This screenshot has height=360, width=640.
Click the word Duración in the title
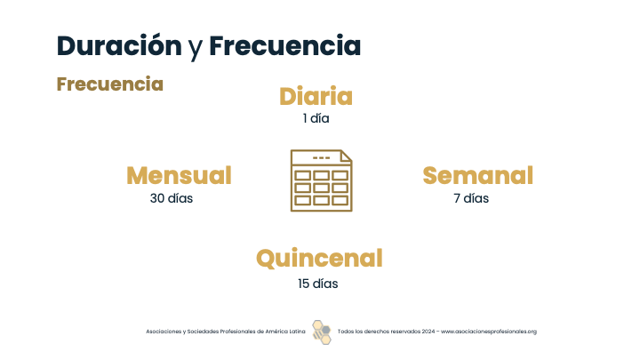[x=119, y=45]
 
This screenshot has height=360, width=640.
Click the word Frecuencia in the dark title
[x=285, y=45]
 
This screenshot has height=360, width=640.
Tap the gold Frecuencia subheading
[x=110, y=84]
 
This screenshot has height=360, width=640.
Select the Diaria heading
[x=316, y=96]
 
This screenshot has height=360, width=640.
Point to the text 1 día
[x=316, y=118]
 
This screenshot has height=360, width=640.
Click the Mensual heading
[x=180, y=175]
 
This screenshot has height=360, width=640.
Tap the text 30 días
[x=172, y=198]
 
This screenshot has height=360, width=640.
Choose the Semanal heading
[x=478, y=175]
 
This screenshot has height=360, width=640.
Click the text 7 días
[x=471, y=198]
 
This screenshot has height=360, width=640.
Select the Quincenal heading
[x=320, y=259]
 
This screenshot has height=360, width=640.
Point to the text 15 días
[x=318, y=284]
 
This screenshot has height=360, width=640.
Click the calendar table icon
[x=321, y=180]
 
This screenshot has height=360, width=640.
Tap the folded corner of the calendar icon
[x=346, y=156]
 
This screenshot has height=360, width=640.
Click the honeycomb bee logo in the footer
[x=322, y=332]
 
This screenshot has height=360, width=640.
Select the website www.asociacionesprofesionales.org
[x=489, y=332]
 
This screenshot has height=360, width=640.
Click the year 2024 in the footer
[x=428, y=332]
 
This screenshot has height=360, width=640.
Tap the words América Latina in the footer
[x=285, y=332]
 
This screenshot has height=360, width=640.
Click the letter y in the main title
[x=196, y=49]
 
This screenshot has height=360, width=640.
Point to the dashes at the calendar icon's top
[x=321, y=157]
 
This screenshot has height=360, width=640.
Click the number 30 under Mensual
[x=157, y=198]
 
